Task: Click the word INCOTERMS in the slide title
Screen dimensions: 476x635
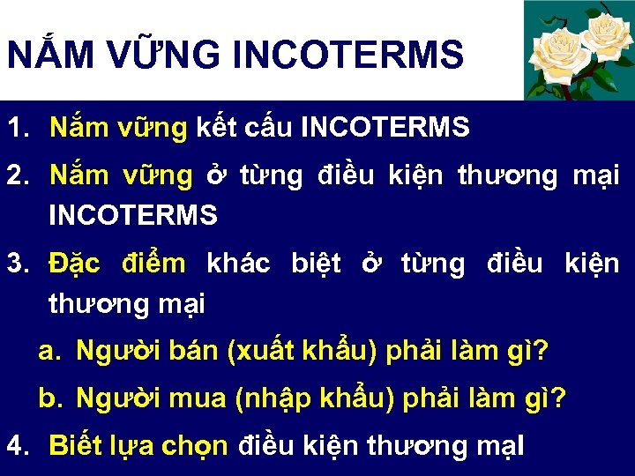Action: point(348,55)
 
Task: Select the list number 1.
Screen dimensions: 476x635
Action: point(19,129)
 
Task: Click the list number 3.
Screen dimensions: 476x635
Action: point(19,264)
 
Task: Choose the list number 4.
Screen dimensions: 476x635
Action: point(19,444)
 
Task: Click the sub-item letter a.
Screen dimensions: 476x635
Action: point(49,352)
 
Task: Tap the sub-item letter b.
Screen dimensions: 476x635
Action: point(49,399)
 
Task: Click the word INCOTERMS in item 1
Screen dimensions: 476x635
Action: point(385,129)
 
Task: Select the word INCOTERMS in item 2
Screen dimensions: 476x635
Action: point(132,215)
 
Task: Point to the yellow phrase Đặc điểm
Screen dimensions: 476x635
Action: point(117,264)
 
